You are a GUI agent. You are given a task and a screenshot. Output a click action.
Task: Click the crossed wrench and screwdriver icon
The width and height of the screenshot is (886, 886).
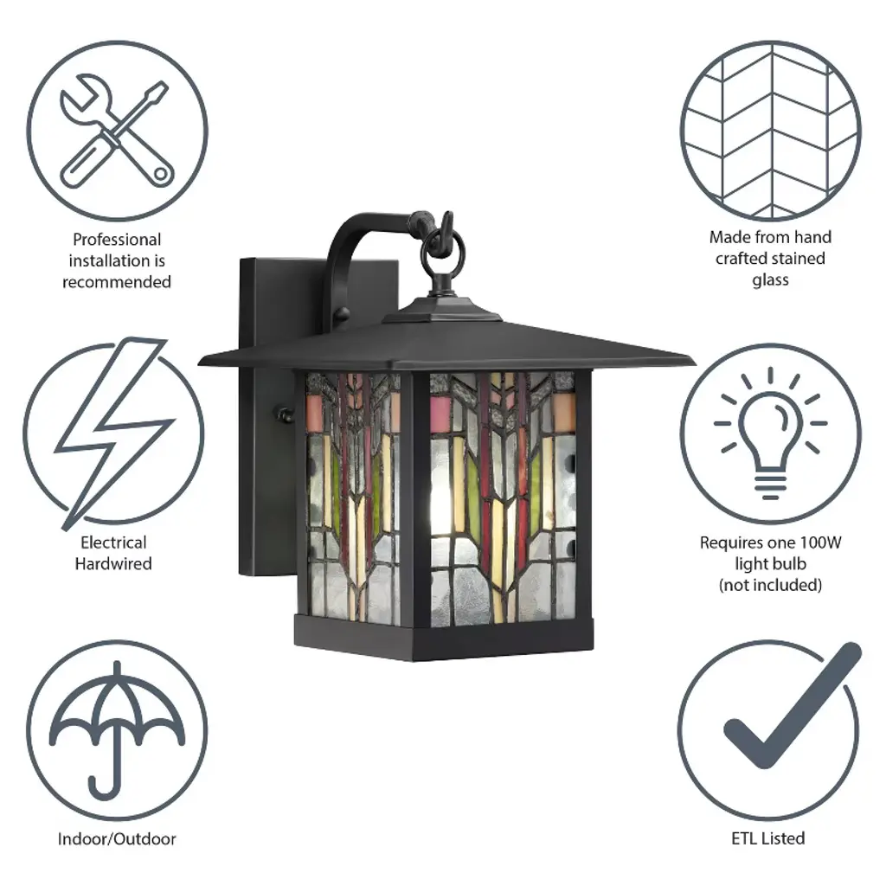point(116,132)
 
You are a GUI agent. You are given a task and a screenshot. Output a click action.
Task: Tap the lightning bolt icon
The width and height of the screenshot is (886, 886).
point(113,433)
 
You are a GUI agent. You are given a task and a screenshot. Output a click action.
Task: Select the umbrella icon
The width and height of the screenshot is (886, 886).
point(117,729)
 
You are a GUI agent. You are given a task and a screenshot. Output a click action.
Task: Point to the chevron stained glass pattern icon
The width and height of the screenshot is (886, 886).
point(771,131)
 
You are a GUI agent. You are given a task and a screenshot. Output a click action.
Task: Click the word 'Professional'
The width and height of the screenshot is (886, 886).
point(117,240)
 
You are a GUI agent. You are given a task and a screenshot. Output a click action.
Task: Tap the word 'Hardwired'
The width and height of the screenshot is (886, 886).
point(113,563)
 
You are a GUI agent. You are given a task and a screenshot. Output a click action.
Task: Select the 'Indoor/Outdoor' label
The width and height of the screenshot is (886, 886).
point(117,838)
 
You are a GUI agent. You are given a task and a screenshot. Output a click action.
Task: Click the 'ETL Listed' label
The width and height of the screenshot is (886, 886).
point(768,838)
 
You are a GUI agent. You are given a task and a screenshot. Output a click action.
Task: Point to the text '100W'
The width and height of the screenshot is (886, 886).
point(819,543)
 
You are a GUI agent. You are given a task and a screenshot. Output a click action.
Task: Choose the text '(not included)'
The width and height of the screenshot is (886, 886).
point(771,585)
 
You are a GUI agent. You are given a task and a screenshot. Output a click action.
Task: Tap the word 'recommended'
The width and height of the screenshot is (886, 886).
point(117,282)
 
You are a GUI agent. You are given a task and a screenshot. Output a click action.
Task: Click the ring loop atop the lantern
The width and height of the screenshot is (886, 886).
point(446,247)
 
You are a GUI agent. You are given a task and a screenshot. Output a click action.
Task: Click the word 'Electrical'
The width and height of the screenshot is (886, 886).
point(113,543)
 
